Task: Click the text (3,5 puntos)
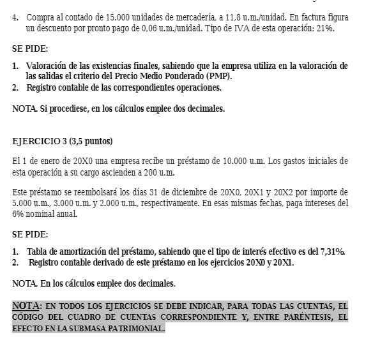click(90, 140)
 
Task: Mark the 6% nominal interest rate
click(22, 214)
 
